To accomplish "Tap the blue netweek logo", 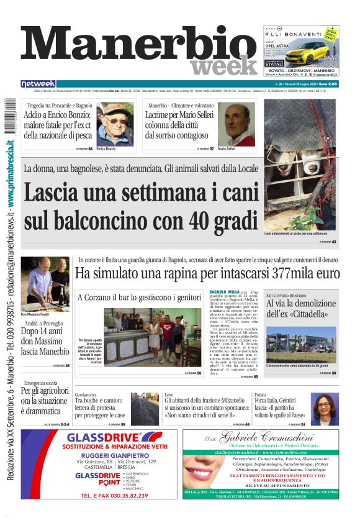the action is click(x=38, y=84).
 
